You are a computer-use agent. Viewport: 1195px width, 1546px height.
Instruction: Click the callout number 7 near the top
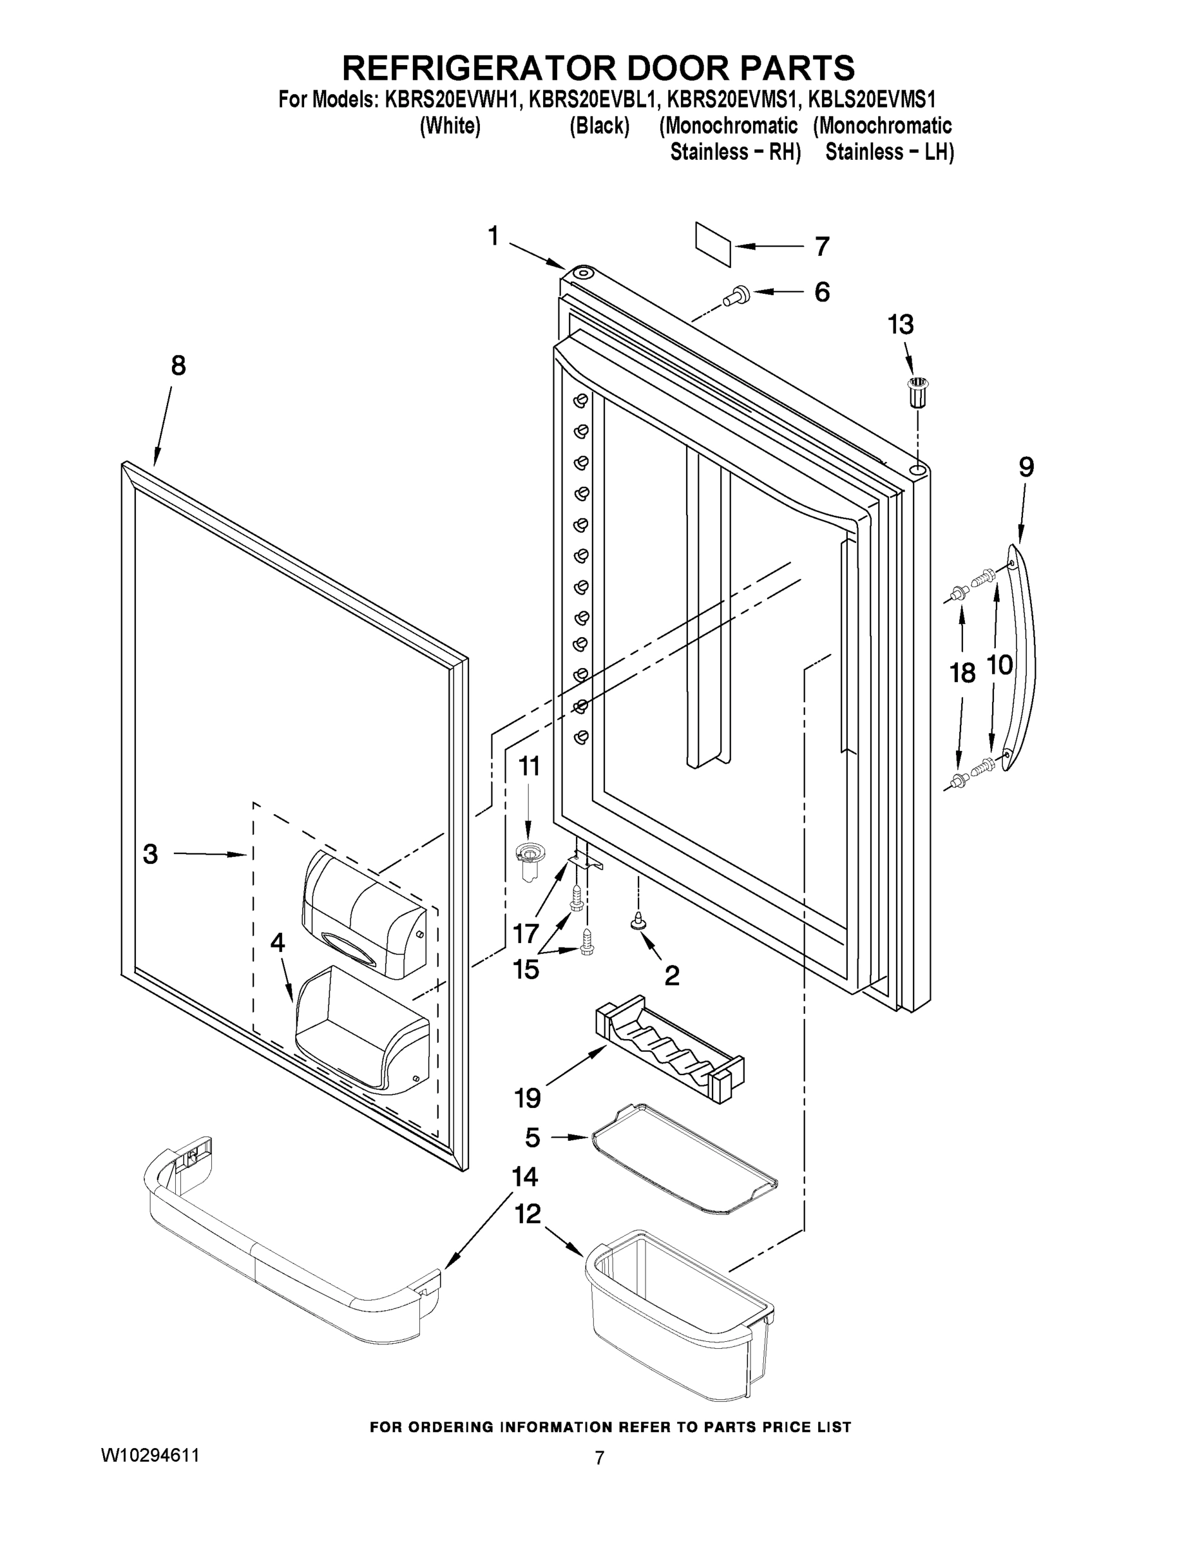tap(821, 246)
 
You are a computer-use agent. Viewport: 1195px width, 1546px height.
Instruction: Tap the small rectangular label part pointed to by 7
tap(713, 244)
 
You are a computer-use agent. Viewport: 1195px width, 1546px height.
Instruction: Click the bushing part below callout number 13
tap(918, 392)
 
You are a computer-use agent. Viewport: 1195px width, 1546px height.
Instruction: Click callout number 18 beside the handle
tap(962, 673)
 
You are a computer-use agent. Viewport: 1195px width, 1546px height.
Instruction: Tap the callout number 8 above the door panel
tap(178, 365)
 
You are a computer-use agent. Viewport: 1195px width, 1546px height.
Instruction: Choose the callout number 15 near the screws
tap(526, 969)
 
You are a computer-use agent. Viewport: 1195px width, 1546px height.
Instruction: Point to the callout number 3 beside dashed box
tap(150, 854)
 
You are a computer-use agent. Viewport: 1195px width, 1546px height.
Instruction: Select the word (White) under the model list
tap(450, 126)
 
